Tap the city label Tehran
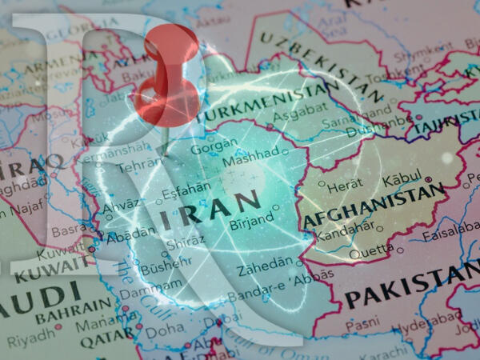click(x=133, y=167)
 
